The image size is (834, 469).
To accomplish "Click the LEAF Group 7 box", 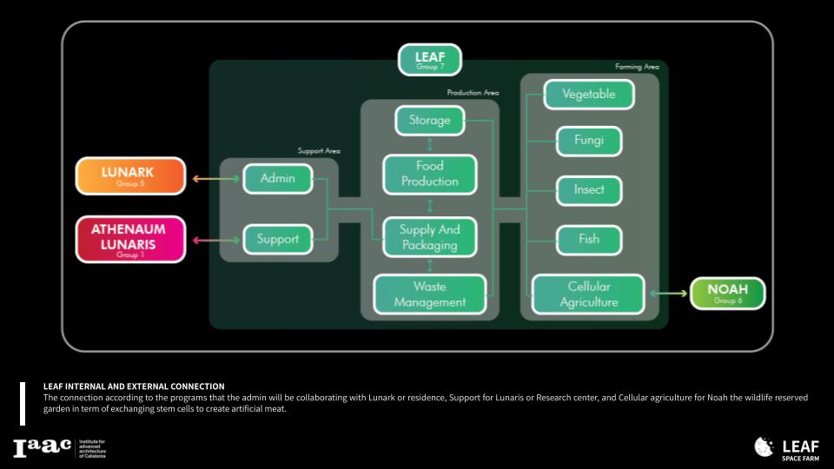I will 429,60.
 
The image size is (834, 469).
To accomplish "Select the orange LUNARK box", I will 130,175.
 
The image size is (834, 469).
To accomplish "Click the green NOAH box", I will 727,294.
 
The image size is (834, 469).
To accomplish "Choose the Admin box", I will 277,179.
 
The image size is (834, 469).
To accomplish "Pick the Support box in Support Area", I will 277,239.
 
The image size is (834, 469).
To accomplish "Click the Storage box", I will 429,120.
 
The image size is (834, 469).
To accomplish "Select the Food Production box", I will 429,174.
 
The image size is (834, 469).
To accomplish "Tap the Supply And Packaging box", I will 429,237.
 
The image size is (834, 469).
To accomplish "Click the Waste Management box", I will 429,294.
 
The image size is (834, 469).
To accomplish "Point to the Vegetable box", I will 588,94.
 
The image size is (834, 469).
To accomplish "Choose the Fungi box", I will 588,140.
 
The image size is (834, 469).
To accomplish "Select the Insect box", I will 588,189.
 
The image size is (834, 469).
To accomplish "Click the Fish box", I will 588,239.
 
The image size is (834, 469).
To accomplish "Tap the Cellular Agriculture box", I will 588,294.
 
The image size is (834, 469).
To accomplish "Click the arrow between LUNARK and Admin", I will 214,179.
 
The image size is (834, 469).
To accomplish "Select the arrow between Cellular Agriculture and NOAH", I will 667,294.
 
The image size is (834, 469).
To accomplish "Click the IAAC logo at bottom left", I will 42,448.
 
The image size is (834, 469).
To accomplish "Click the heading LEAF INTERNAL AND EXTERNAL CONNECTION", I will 134,386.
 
